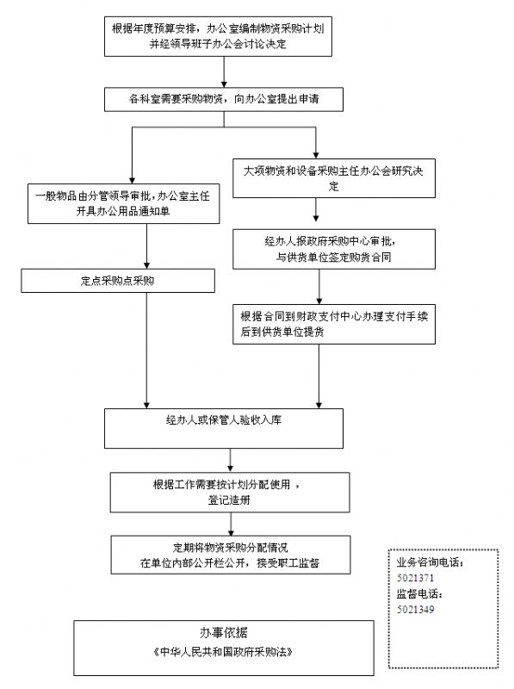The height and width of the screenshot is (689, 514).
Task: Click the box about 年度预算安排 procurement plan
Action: pyautogui.click(x=218, y=36)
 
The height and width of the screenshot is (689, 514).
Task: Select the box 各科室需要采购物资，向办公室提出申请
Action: pyautogui.click(x=224, y=99)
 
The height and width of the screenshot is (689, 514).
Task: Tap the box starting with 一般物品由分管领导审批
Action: pyautogui.click(x=123, y=203)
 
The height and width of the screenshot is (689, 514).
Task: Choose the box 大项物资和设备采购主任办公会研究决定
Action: pyautogui.click(x=334, y=178)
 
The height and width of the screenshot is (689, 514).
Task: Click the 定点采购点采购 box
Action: pyautogui.click(x=118, y=281)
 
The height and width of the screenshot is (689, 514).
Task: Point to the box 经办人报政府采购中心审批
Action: pyautogui.click(x=334, y=249)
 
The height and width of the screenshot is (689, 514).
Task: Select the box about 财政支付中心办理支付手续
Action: pyautogui.click(x=334, y=324)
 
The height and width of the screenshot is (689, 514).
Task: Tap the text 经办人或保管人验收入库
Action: pyautogui.click(x=224, y=420)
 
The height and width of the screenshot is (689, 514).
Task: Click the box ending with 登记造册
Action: pyautogui.click(x=230, y=492)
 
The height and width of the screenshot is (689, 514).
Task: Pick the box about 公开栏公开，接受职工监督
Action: pyautogui.click(x=231, y=555)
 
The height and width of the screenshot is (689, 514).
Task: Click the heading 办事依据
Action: pyautogui.click(x=224, y=632)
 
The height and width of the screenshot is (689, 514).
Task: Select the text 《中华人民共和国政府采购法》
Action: pyautogui.click(x=223, y=652)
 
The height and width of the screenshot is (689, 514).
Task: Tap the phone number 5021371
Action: pyautogui.click(x=415, y=578)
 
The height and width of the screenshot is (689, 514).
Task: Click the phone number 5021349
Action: pyautogui.click(x=415, y=610)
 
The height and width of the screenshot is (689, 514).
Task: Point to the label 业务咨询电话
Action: pyautogui.click(x=430, y=562)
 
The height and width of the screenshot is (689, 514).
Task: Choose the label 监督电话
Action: pyautogui.click(x=419, y=593)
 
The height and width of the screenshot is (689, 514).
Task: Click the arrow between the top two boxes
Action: pyautogui.click(x=224, y=72)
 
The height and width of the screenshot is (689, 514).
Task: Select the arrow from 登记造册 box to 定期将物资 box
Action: pyautogui.click(x=231, y=524)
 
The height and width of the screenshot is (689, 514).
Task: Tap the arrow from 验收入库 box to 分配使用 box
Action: pyautogui.click(x=230, y=461)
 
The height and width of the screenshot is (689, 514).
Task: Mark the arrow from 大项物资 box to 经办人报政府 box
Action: pyautogui.click(x=316, y=209)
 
